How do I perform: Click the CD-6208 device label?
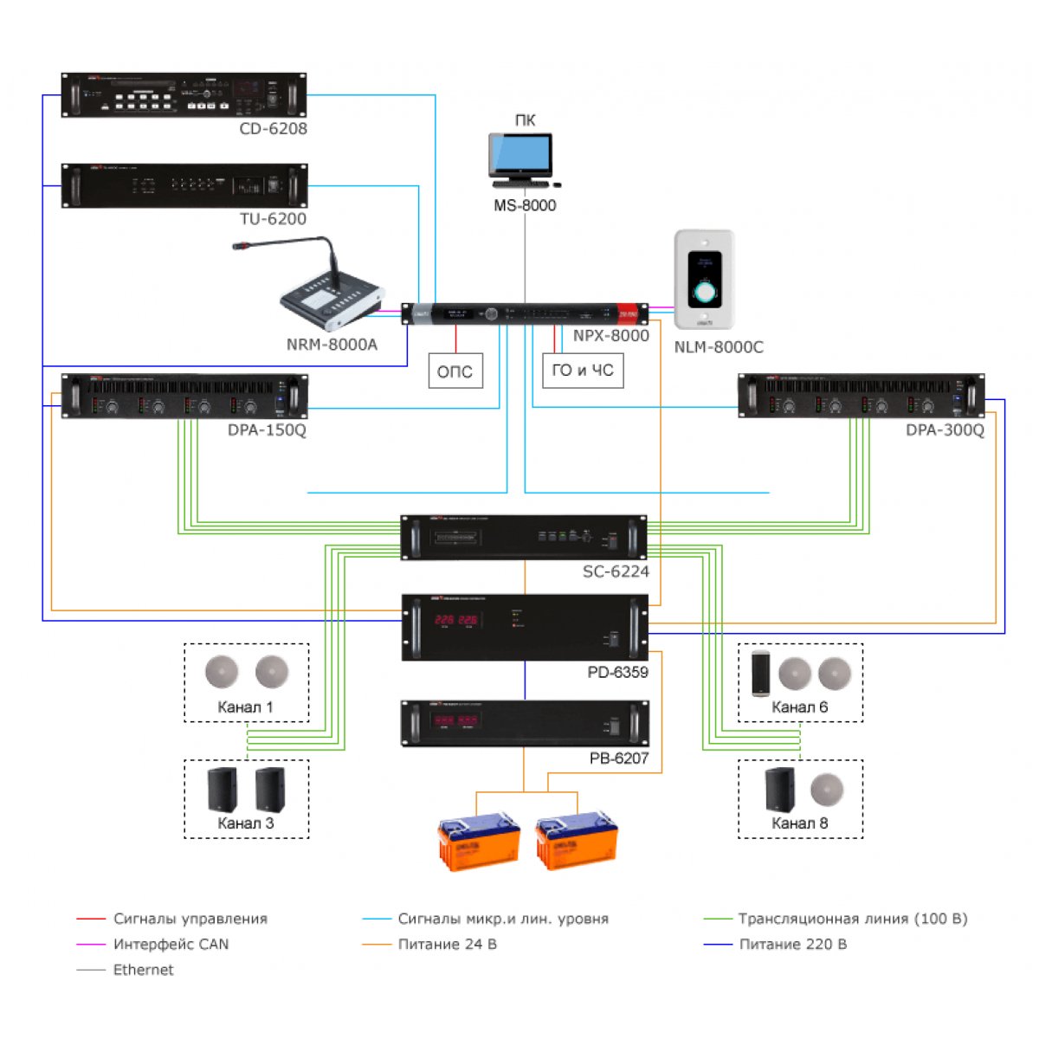273,129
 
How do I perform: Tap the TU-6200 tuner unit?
184,185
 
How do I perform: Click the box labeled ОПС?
455,371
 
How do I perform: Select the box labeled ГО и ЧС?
583,371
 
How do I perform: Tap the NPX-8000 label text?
610,336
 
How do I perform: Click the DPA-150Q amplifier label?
267,430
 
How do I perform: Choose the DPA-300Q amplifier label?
945,430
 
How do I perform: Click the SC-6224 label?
616,571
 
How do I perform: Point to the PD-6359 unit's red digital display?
456,621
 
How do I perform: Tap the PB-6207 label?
618,758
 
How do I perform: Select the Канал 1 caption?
245,707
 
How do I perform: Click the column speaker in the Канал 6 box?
760,673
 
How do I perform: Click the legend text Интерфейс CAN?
171,945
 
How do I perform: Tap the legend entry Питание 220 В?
792,945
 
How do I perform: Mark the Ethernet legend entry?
143,970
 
